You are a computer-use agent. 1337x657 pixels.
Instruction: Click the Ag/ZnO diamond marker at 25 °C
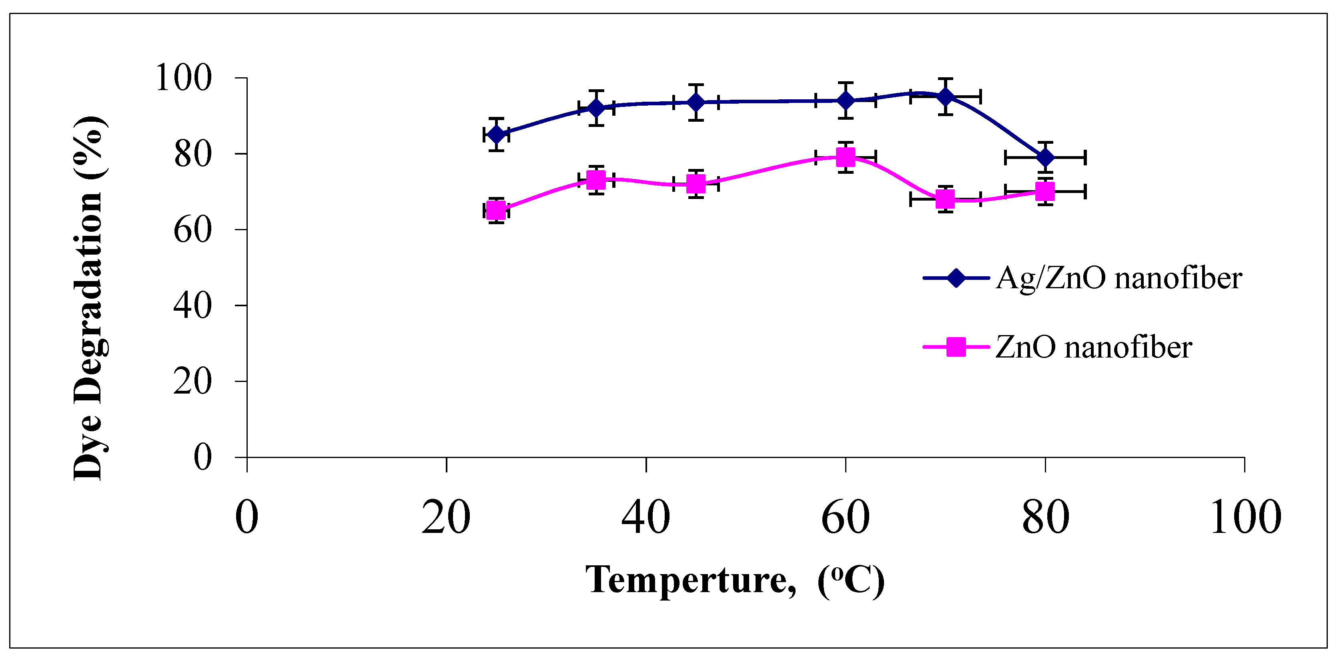[496, 135]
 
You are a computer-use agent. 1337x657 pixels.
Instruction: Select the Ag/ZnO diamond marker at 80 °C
[1045, 157]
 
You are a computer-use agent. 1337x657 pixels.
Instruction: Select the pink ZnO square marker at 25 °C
[496, 210]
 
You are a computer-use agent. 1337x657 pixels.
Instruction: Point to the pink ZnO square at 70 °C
[945, 199]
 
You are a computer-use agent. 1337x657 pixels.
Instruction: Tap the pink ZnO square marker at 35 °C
[596, 180]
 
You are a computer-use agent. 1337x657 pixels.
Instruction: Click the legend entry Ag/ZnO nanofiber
[1119, 278]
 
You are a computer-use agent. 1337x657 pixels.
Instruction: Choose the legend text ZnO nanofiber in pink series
[1093, 347]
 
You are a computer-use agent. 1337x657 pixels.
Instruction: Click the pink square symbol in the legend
[956, 347]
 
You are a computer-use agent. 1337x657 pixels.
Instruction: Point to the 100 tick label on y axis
[184, 78]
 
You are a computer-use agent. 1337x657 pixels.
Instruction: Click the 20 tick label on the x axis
[446, 517]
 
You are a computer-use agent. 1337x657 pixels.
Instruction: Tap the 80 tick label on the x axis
[1045, 517]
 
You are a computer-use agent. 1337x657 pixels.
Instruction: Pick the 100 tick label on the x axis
[1245, 517]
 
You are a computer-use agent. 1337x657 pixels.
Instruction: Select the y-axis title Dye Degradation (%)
[89, 299]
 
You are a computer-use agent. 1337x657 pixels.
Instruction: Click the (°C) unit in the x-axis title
[850, 580]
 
